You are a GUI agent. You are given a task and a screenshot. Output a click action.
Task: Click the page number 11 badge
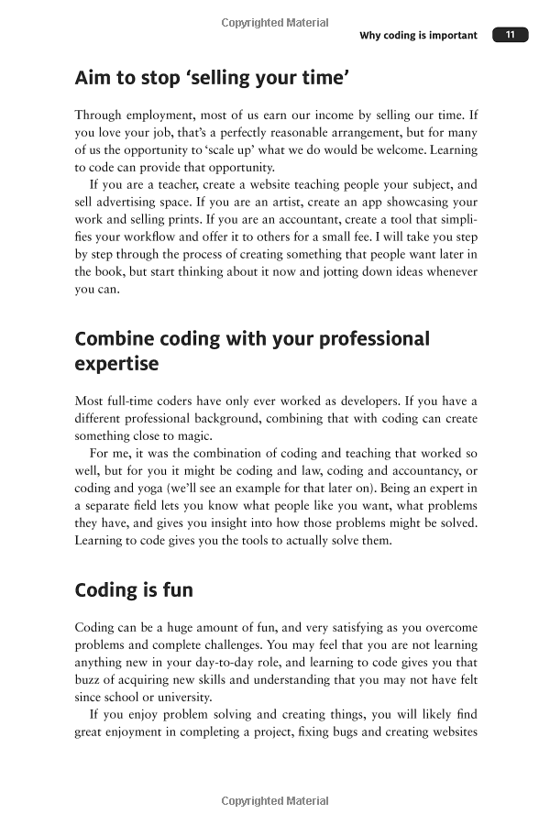pos(511,35)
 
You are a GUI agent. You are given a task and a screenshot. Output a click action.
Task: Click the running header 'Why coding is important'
pos(418,36)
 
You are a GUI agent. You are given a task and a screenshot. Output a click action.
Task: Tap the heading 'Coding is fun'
pos(134,589)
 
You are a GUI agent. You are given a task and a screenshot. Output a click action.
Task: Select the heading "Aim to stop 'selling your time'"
pos(212,79)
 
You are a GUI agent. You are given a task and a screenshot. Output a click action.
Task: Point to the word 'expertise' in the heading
pos(116,364)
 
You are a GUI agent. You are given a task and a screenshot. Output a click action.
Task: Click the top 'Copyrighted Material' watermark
pos(275,22)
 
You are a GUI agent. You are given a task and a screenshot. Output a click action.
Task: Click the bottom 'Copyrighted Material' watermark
pos(275,800)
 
